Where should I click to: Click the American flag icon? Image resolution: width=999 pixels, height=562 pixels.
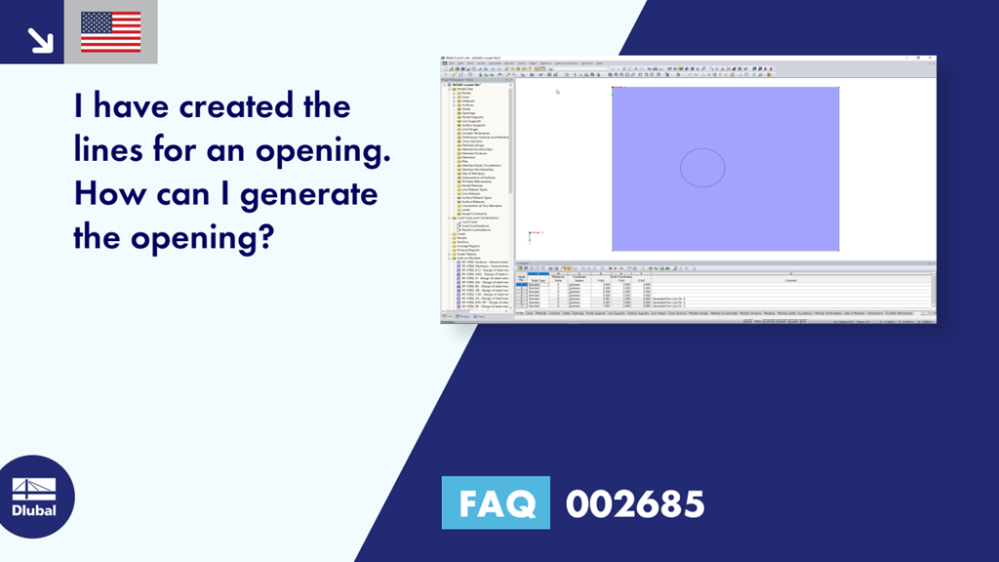tap(111, 32)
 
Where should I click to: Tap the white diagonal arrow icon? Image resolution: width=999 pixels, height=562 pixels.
tap(39, 38)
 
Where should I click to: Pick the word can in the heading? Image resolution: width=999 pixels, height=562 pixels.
tap(189, 193)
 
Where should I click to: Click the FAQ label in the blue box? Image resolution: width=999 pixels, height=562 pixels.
tap(497, 503)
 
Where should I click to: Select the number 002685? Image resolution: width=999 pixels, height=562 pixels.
tap(635, 503)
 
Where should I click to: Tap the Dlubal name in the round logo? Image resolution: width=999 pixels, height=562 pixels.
tap(34, 511)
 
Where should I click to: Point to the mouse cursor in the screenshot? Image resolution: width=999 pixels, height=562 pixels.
tap(557, 92)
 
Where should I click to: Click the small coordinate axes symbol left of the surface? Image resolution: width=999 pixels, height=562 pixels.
tap(531, 235)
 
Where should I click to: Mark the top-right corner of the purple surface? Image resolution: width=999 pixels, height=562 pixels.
tap(838, 88)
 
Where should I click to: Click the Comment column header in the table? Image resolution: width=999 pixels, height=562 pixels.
tap(791, 278)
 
